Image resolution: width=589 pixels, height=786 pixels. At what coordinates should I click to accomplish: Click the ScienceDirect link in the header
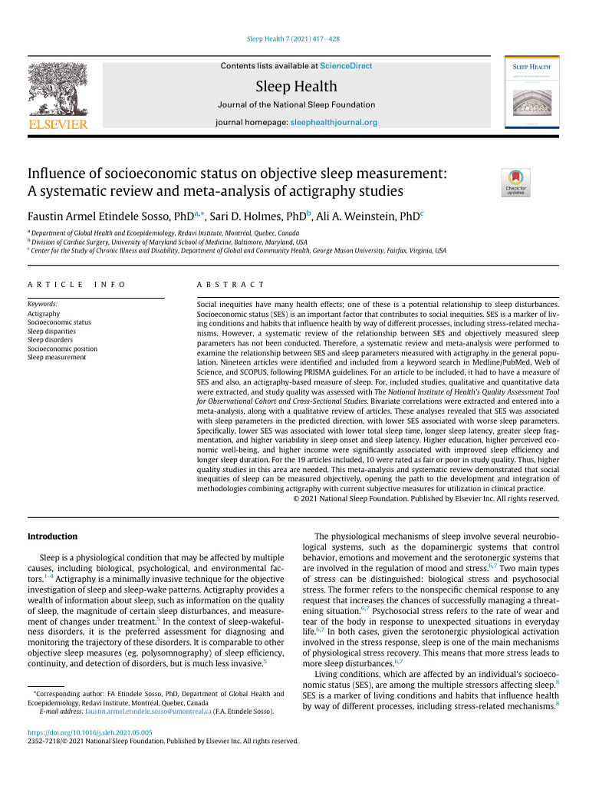coord(346,66)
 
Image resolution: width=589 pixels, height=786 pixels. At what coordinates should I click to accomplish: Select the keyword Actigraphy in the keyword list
coord(44,314)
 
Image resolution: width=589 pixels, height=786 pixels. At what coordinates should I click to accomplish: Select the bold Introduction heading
coord(52,536)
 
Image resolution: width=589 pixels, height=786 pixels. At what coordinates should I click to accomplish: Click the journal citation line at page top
coord(294,38)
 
